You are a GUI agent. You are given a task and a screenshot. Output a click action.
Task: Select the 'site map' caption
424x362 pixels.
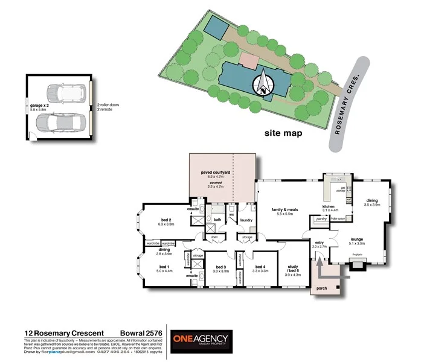(x=283, y=133)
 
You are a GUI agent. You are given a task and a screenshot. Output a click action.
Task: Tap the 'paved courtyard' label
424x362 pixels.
(x=216, y=172)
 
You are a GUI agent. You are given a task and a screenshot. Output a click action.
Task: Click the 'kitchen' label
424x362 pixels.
(x=330, y=206)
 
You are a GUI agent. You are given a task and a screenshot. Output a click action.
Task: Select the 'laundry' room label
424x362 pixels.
(x=246, y=220)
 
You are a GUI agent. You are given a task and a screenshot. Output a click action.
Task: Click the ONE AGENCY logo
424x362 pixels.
(x=200, y=340)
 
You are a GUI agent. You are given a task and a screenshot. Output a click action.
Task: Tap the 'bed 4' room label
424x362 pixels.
(x=260, y=267)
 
